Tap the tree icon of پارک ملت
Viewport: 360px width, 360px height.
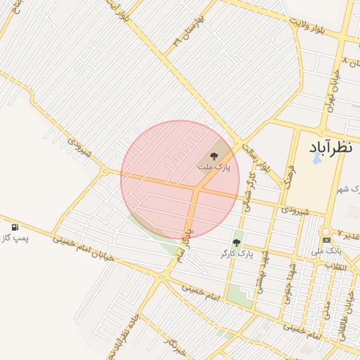point(214,156)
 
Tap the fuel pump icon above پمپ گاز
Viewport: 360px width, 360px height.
point(15,228)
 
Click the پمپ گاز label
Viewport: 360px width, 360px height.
point(15,239)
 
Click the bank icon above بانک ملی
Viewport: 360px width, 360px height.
point(326,240)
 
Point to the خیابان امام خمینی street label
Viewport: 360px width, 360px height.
point(82,249)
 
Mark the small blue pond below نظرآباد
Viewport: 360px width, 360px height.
point(316,159)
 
